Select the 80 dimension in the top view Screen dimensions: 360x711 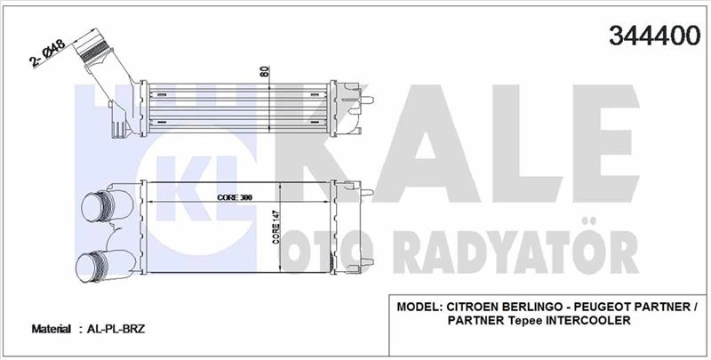coord(263,72)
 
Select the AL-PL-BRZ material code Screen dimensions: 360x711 coord(116,329)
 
